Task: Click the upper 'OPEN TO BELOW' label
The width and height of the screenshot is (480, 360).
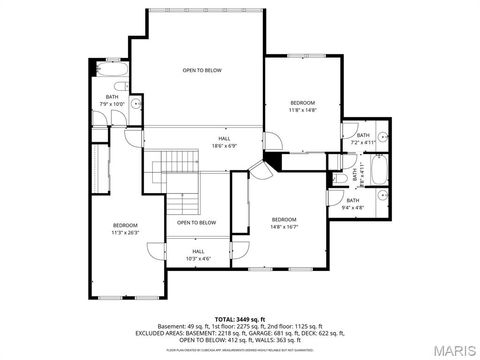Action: tap(201, 71)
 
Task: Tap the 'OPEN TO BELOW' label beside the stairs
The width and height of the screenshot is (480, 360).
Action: tap(197, 222)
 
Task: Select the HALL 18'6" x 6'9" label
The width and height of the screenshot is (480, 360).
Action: tap(224, 143)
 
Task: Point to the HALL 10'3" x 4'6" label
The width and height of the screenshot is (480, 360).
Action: tap(198, 255)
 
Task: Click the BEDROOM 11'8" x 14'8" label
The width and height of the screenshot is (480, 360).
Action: tap(302, 107)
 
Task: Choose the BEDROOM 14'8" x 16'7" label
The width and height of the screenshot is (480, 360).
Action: tap(284, 222)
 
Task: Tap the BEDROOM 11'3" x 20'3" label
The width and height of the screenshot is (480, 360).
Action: tap(125, 229)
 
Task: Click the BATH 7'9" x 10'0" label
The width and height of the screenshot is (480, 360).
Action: tap(112, 100)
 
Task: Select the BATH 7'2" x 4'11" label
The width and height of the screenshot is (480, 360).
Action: tap(363, 139)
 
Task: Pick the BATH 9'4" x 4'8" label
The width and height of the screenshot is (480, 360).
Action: tap(381, 203)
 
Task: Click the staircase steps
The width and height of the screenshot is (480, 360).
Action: tap(180, 180)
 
